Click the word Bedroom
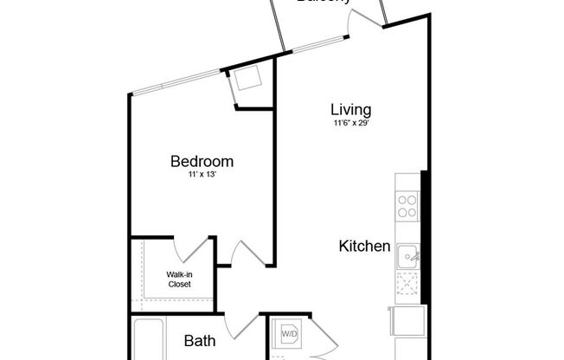(202, 161)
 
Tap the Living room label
(351, 110)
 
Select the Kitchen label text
(364, 247)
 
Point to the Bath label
(200, 341)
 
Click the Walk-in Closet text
(179, 280)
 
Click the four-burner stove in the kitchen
(407, 205)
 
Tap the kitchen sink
(407, 256)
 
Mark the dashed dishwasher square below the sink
(407, 284)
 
